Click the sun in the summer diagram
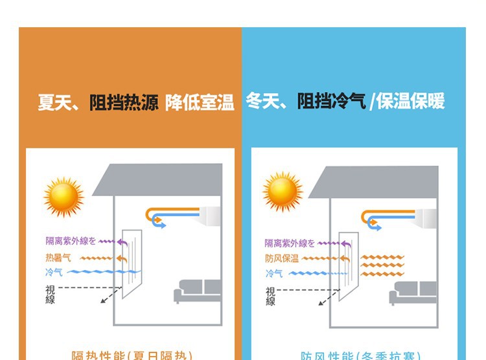[x=64, y=196]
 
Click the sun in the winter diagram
[x=283, y=192]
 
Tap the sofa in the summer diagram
[x=198, y=291]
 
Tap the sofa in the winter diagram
[x=413, y=293]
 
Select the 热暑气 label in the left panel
[x=58, y=258]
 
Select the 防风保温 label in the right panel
[x=282, y=258]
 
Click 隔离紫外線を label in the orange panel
[x=71, y=242]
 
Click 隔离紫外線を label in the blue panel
[x=289, y=243]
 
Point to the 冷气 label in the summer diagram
[x=54, y=273]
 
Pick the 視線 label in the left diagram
[x=51, y=294]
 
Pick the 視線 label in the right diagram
[x=270, y=296]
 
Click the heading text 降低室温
[x=199, y=102]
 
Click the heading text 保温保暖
[x=410, y=102]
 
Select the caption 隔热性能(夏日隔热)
[x=132, y=355]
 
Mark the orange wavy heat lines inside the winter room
[x=382, y=265]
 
